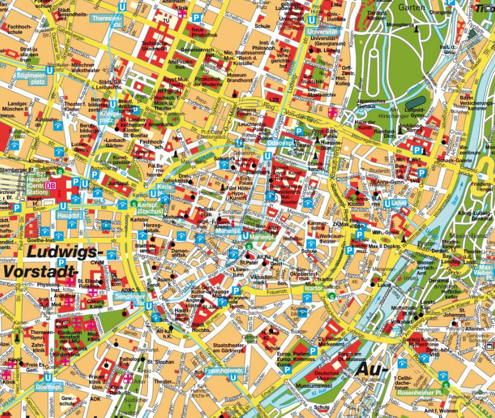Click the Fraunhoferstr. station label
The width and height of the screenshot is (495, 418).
pos(223,370)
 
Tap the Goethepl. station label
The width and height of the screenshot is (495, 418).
pos(49,387)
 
